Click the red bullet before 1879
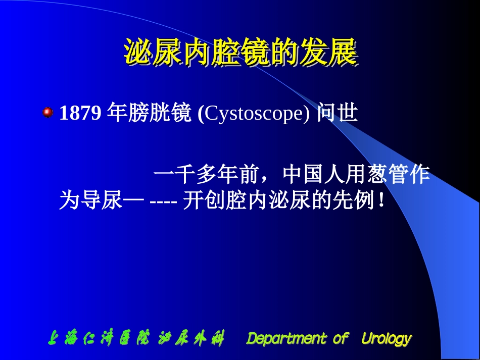[x=48, y=112]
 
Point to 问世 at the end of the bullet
[x=337, y=114]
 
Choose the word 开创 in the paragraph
[x=203, y=201]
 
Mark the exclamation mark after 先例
[x=381, y=201]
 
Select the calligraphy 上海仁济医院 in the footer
[x=99, y=338]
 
